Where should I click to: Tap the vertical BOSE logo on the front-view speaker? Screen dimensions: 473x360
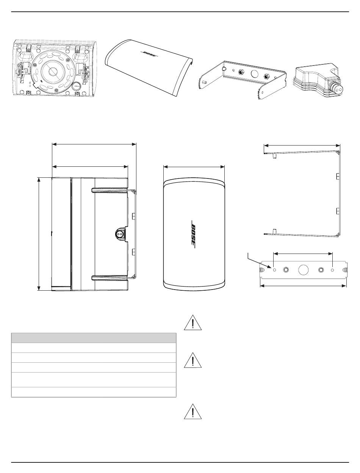[193, 235]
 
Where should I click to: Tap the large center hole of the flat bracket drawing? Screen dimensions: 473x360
[303, 270]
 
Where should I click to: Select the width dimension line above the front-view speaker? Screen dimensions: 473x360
[194, 166]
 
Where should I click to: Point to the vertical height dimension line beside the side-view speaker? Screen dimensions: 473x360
[39, 234]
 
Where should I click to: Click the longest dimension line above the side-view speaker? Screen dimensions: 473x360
[94, 144]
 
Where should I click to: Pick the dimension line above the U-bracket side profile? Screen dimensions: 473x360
[302, 145]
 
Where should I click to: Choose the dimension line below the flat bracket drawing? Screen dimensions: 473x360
[303, 286]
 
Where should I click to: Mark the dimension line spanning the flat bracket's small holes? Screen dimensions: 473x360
[303, 252]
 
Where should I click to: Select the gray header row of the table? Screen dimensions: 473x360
[94, 338]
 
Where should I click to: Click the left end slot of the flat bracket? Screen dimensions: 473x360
[262, 270]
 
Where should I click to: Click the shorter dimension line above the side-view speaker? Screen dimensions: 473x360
[90, 166]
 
